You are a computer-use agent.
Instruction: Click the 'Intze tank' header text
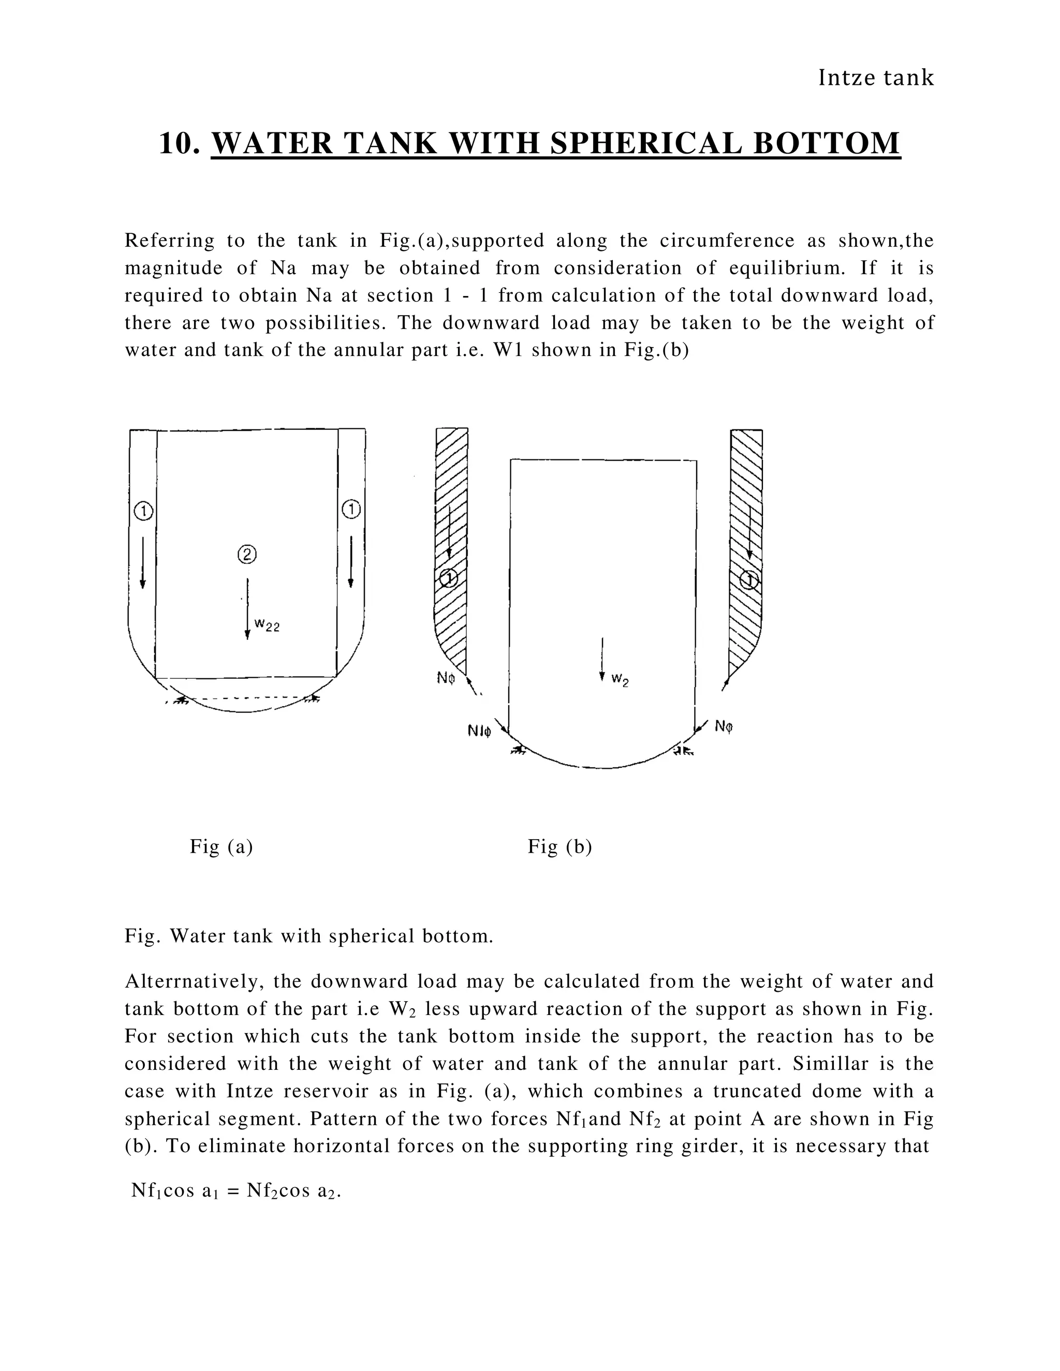(x=876, y=78)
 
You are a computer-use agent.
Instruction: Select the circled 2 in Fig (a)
(x=247, y=554)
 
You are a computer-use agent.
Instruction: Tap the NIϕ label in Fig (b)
(x=479, y=731)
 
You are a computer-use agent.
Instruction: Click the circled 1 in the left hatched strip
(x=448, y=578)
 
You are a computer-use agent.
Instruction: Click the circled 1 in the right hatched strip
(x=748, y=580)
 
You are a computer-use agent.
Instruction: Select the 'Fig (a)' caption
(x=221, y=847)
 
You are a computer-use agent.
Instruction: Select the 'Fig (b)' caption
(x=560, y=847)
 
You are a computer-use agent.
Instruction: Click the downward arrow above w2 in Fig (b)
(x=602, y=659)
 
